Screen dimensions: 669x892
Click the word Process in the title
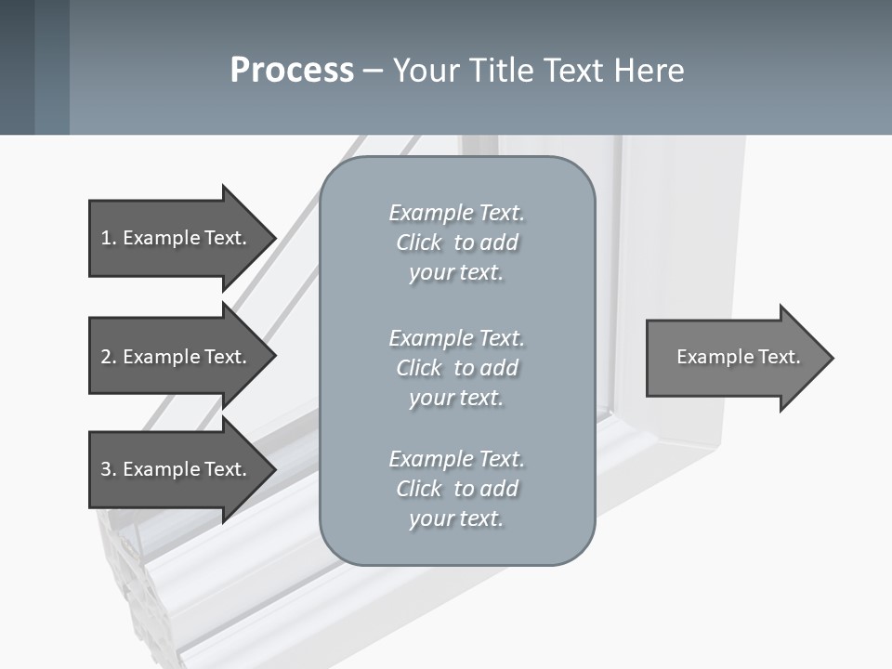click(x=292, y=71)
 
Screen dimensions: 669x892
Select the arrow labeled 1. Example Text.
click(x=177, y=238)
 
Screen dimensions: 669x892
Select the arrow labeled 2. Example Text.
click(x=177, y=357)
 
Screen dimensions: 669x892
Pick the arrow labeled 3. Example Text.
click(x=177, y=469)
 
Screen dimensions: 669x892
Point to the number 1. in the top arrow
click(x=109, y=238)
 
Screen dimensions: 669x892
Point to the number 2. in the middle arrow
click(x=109, y=357)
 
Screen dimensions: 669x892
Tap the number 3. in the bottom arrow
click(x=109, y=469)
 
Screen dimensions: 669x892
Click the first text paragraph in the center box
click(x=456, y=243)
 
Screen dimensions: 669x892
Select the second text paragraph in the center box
click(x=456, y=367)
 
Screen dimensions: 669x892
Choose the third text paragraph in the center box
click(x=456, y=488)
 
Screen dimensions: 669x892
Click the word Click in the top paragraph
click(x=418, y=243)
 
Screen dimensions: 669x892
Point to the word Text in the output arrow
click(x=779, y=357)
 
